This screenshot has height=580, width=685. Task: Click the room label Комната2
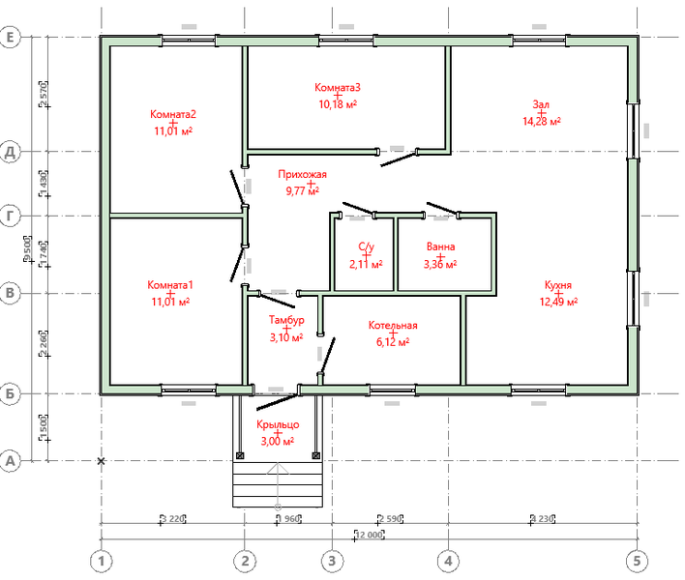[x=173, y=113]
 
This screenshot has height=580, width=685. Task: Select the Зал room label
[x=542, y=104]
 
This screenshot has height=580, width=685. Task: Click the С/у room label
[x=366, y=246]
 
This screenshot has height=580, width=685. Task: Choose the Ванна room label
[x=440, y=246]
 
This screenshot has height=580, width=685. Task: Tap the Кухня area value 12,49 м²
[x=559, y=302]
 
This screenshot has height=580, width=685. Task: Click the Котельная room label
[x=392, y=326]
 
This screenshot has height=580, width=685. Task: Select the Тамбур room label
[x=286, y=320]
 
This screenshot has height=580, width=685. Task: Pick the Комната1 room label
[x=170, y=285]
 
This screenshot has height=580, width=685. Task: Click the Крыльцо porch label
[x=278, y=425]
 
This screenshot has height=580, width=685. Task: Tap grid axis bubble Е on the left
[x=13, y=38]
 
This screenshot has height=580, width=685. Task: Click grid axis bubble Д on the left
[x=13, y=152]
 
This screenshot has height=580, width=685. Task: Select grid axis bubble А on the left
[x=13, y=462]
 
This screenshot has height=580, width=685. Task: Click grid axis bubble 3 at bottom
[x=331, y=560]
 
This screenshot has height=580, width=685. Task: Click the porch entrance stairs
[x=278, y=483]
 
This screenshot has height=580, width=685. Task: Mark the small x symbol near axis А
[x=102, y=462]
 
